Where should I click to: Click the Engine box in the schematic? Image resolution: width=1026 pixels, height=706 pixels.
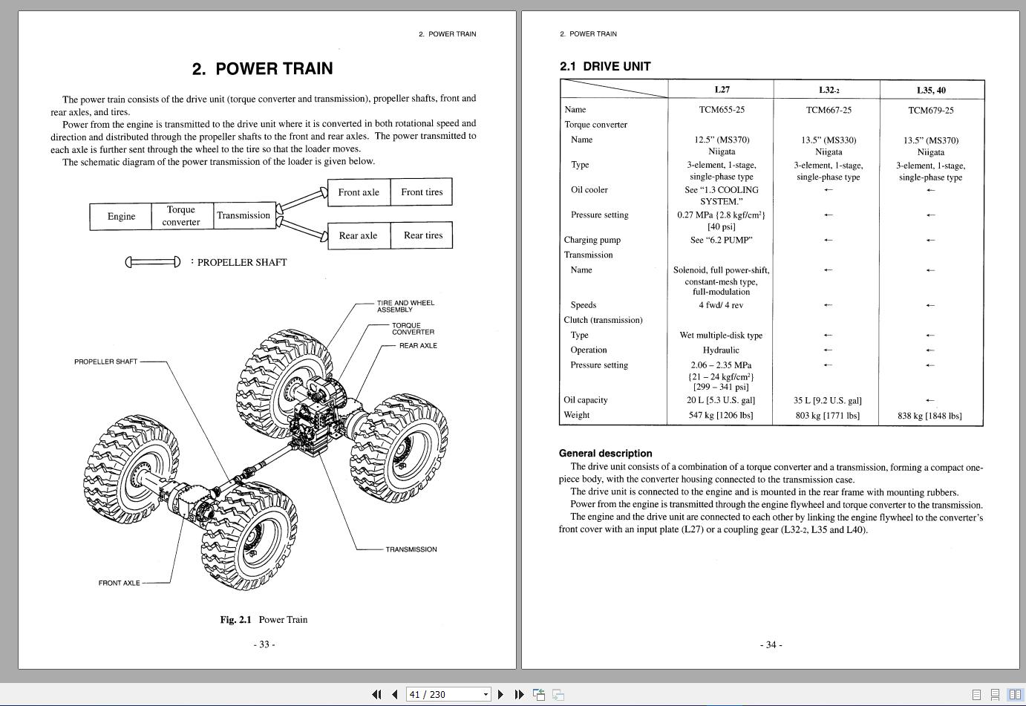[121, 216]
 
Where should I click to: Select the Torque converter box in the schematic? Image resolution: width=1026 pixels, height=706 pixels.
[181, 216]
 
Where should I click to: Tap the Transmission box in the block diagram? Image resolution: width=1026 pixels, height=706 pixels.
[244, 215]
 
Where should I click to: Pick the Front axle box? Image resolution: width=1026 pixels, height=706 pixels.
[359, 192]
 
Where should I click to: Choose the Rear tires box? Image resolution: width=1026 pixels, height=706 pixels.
[422, 235]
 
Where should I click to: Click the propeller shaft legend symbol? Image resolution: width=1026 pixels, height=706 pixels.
[153, 262]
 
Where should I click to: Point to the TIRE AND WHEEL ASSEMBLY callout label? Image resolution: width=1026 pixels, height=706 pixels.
[405, 306]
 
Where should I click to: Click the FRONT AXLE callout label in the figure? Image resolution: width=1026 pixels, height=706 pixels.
[119, 583]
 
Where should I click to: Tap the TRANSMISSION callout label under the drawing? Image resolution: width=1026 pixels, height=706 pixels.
[411, 549]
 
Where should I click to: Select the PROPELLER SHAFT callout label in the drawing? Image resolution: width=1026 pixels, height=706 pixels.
[105, 362]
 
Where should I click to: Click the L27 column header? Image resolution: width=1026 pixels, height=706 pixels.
[722, 90]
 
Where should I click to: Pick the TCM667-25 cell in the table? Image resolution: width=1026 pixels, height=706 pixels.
[829, 110]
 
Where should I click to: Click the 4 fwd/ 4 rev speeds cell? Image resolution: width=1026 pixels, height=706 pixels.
[720, 305]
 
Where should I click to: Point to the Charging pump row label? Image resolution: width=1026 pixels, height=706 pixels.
[592, 240]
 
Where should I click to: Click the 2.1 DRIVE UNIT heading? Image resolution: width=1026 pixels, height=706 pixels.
[605, 66]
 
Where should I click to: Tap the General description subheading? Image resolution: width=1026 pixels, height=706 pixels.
[605, 453]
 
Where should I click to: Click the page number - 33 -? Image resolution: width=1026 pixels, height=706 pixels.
[264, 644]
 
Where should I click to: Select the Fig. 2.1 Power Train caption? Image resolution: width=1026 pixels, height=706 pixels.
[264, 619]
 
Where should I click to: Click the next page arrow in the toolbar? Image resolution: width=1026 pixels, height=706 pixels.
[500, 694]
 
